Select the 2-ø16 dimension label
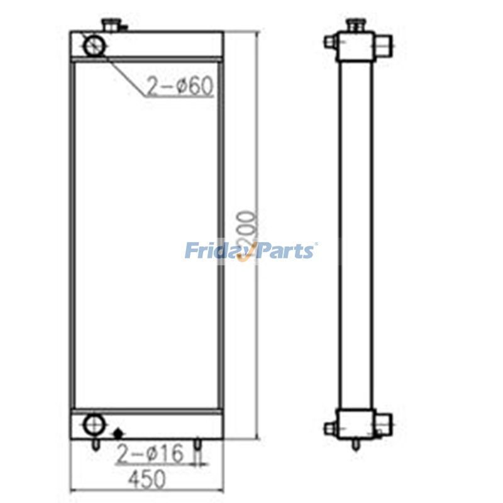[x=149, y=453]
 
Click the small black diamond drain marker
[x=118, y=433]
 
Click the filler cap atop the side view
[x=355, y=26]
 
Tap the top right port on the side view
[x=383, y=46]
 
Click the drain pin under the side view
[x=356, y=445]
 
